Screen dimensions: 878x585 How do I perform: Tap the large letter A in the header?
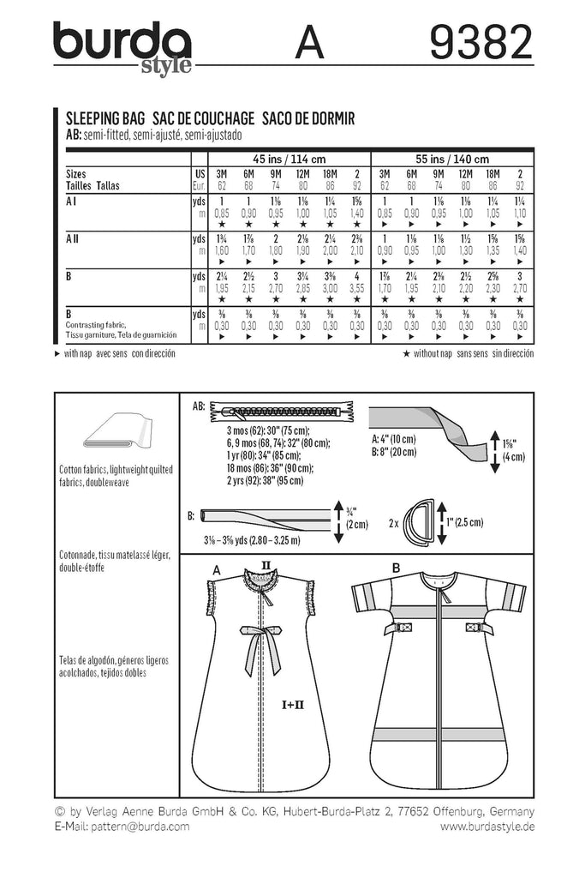311,43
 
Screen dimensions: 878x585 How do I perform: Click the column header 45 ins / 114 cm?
289,159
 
